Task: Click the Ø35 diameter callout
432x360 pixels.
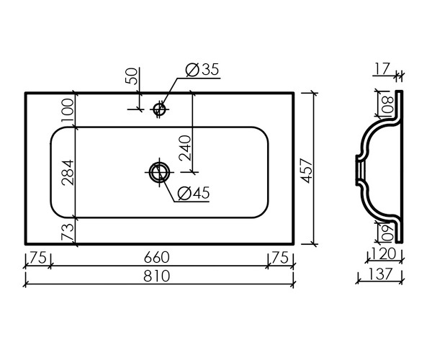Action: [x=202, y=69]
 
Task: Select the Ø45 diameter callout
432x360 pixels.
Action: [x=194, y=193]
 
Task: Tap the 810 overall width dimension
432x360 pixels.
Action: [x=156, y=276]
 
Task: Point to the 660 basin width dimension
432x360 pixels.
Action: [x=156, y=258]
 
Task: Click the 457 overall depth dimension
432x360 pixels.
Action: [x=307, y=171]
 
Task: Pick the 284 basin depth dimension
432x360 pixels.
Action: [x=68, y=172]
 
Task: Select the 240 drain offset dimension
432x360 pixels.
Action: [x=184, y=148]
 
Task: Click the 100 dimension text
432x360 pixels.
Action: [x=68, y=111]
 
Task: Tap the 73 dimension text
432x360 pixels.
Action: [x=68, y=232]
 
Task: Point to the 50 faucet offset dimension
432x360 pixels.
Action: [x=131, y=76]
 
